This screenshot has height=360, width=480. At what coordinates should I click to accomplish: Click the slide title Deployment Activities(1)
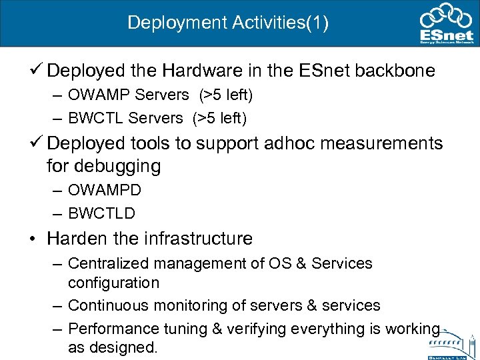pos(228,23)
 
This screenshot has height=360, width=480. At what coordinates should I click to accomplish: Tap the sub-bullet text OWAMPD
pos(105,190)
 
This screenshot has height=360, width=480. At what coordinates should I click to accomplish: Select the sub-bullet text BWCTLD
pos(101,213)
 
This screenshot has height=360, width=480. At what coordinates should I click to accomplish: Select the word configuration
pos(113,283)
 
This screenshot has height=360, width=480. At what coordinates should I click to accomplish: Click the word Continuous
pos(110,305)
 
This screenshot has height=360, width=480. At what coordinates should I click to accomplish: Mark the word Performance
pos(113,329)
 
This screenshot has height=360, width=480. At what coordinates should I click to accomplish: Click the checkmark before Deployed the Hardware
pos(37,69)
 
